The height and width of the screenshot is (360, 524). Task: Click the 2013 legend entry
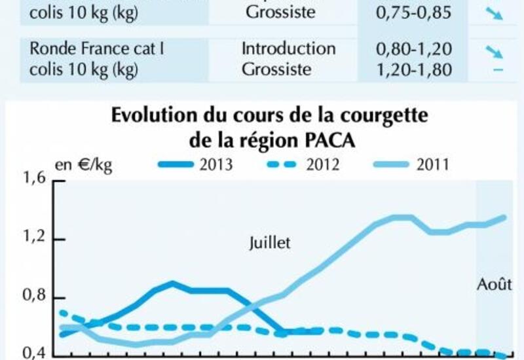[196, 164]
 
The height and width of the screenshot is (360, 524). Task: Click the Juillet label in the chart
[269, 243]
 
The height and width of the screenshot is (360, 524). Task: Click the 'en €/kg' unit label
[83, 164]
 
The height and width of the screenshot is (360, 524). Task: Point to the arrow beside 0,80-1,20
[493, 50]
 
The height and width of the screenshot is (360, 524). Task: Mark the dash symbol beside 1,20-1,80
[497, 70]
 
